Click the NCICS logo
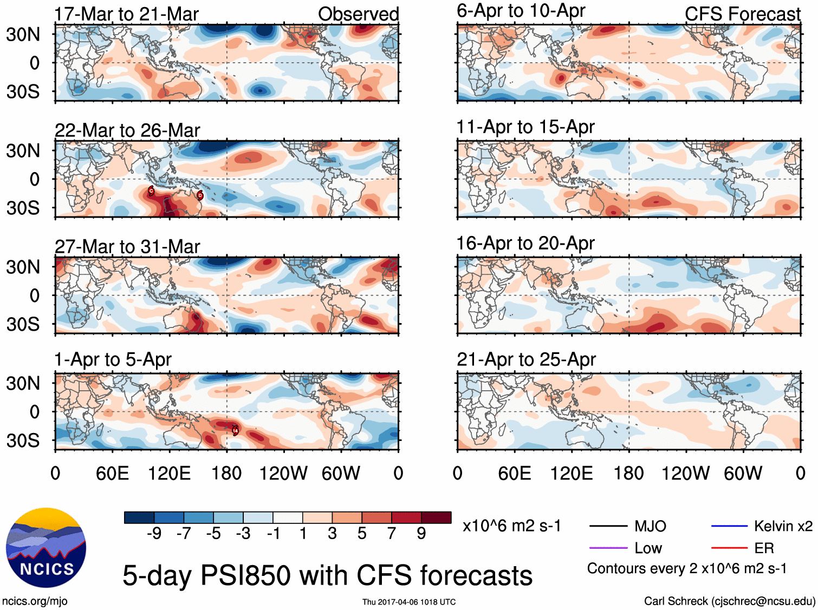pos(46,547)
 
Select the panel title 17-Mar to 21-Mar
pos(126,14)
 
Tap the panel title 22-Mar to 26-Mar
pos(127,130)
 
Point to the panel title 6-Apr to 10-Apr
pos(521,10)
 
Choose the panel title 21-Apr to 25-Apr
pos(526,359)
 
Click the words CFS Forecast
pos(742,14)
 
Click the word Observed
pos(358,14)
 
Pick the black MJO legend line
pos(608,526)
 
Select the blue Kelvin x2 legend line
pos(729,526)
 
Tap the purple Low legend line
pos(608,548)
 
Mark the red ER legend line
pos(729,548)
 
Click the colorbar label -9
pos(154,534)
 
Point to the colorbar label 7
pos(392,534)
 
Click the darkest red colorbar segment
pos(436,517)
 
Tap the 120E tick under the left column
pos(170,474)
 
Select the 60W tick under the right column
pos(743,474)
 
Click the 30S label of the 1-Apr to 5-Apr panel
pos(23,441)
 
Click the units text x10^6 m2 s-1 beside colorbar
pos(511,526)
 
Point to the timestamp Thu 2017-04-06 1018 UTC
pos(409,602)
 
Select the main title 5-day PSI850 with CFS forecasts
pos(327,575)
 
